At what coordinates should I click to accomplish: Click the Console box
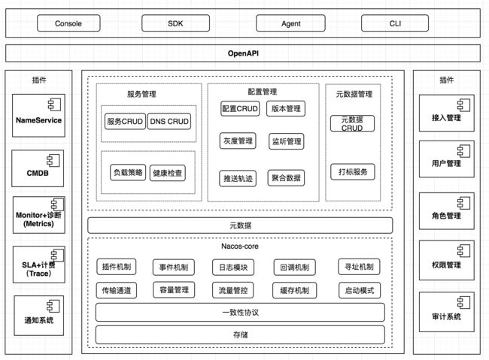point(68,23)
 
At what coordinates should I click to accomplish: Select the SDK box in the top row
point(175,23)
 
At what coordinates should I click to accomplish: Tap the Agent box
point(290,23)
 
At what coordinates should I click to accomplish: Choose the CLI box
point(395,23)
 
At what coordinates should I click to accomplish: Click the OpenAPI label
point(243,53)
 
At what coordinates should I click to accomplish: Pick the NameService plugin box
point(38,116)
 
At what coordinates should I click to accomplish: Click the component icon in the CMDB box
point(53,161)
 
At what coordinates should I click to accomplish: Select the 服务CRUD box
point(125,121)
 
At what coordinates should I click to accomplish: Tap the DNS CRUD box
point(169,121)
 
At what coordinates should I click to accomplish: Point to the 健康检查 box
point(168,173)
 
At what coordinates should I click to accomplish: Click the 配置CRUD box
point(240,108)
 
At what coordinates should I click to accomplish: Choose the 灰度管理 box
point(238,141)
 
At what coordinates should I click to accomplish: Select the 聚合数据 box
point(286,178)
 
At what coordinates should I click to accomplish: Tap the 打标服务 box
point(353,172)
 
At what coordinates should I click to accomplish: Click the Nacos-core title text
point(240,247)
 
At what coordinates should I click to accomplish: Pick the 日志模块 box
point(233,268)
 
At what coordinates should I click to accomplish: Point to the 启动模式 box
point(360,291)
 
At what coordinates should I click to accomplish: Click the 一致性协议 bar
point(240,313)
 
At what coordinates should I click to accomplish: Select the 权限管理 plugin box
point(447,260)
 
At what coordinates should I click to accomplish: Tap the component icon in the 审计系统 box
point(463,303)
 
